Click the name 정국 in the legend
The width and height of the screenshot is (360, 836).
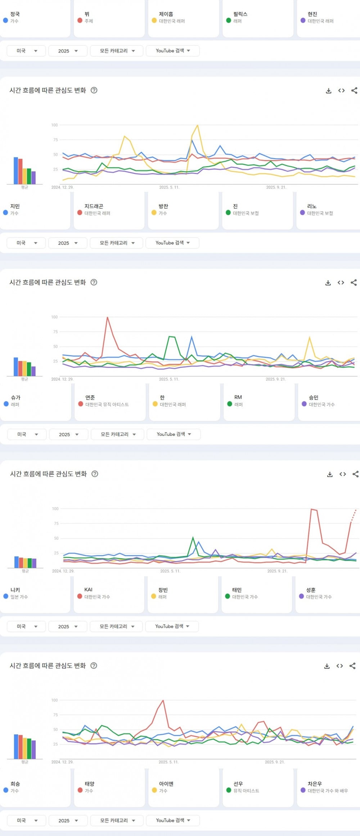pos(15,14)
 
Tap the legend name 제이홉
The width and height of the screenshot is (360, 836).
pos(166,14)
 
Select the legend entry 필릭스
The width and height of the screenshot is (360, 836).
pos(240,14)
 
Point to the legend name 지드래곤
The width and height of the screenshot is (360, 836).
pos(94,206)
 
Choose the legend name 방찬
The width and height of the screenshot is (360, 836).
pos(163,206)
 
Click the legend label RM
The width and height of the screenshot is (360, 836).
pos(238,397)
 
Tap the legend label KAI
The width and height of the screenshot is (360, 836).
pos(88,589)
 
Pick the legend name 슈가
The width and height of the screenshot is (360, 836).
pos(15,397)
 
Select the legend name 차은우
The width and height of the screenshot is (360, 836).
pos(315,783)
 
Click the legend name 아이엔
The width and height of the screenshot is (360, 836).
pos(166,783)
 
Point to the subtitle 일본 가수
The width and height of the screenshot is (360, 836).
pos(19,596)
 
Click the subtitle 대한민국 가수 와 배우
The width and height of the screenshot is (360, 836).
pos(328,790)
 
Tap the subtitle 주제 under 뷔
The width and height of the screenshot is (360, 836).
pos(89,21)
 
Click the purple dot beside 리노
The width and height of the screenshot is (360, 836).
pos(302,213)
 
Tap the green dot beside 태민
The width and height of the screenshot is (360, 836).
pos(228,596)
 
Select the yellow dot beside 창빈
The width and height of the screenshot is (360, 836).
pos(154,596)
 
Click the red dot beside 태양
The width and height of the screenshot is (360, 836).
pos(80,790)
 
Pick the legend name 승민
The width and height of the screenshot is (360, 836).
pos(314,397)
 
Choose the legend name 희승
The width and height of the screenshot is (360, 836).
pos(15,783)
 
